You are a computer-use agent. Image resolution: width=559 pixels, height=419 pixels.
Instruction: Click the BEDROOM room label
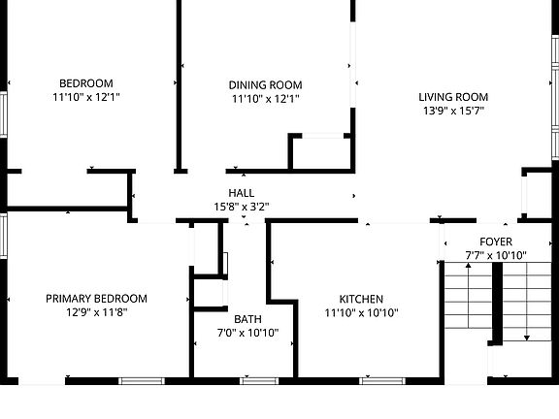[86, 83]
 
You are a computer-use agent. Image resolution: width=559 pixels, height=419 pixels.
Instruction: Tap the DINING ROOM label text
[265, 84]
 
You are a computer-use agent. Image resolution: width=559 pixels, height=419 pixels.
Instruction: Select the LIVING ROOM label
[452, 97]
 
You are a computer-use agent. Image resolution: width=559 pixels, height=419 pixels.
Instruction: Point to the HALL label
[242, 192]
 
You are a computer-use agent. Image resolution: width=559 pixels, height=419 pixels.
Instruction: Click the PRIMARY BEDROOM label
[96, 299]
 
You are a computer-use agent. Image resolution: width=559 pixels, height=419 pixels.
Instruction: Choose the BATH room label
[247, 319]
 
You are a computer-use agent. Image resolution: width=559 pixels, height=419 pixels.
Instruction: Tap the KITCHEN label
[361, 299]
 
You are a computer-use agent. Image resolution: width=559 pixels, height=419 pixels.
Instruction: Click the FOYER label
[495, 242]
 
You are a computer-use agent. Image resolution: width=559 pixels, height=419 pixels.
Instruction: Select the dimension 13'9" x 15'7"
[452, 112]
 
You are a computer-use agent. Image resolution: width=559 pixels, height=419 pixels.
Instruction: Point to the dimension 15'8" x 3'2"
[242, 206]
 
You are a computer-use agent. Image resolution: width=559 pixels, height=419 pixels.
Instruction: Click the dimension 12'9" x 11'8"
[96, 312]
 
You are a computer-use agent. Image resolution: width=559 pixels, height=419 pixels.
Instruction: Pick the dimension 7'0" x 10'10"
[247, 333]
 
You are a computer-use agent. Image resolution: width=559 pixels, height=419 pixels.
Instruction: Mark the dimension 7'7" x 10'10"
[495, 255]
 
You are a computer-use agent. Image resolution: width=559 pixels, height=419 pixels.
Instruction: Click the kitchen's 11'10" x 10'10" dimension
[361, 312]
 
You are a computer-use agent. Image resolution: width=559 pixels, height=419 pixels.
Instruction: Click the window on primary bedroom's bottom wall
[143, 380]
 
